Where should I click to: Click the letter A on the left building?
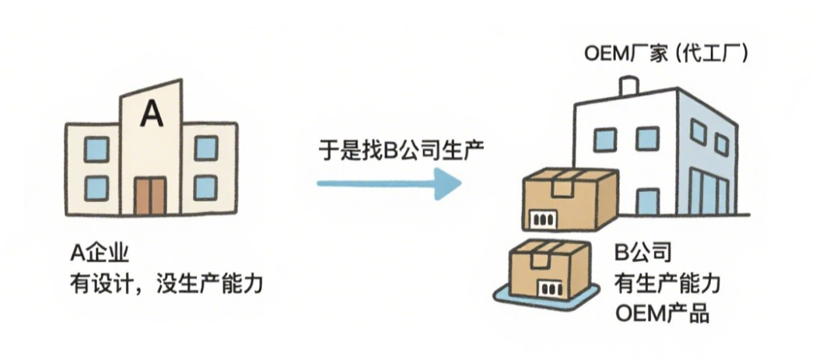tap(152, 115)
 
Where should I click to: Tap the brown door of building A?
tap(150, 195)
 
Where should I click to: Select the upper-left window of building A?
tap(96, 149)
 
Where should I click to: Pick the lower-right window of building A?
tap(205, 187)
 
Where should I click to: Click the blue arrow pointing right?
tap(389, 183)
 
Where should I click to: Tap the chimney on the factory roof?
tap(628, 88)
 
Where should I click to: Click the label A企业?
tap(100, 253)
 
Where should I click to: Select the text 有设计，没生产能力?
tap(166, 284)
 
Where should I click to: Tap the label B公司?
tap(643, 253)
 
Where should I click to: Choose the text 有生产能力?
tap(667, 283)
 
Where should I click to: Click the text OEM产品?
tap(662, 314)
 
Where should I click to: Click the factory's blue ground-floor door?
tap(647, 202)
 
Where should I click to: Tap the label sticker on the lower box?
tap(549, 288)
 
